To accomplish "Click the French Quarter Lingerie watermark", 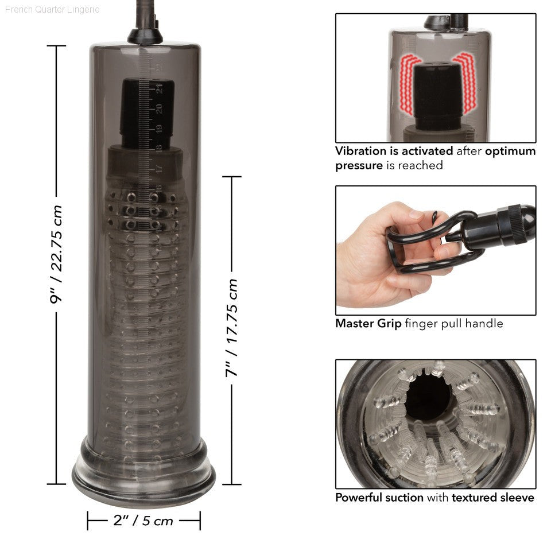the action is pyautogui.click(x=52, y=10).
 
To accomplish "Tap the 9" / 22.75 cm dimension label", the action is pyautogui.click(x=56, y=254).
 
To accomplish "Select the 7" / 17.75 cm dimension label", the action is pyautogui.click(x=231, y=328).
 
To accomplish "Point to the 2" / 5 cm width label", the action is pyautogui.click(x=143, y=521).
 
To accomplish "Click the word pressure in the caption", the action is pyautogui.click(x=359, y=166).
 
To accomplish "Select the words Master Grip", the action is pyautogui.click(x=368, y=323).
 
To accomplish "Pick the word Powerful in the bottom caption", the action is pyautogui.click(x=362, y=498).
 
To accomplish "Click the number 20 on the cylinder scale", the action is pyautogui.click(x=159, y=108).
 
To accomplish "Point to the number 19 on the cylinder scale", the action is pyautogui.click(x=159, y=129).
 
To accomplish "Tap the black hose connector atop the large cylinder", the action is pyautogui.click(x=145, y=35).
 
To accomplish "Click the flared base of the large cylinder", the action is pyautogui.click(x=143, y=472).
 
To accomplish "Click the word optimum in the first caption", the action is pyautogui.click(x=510, y=152).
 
